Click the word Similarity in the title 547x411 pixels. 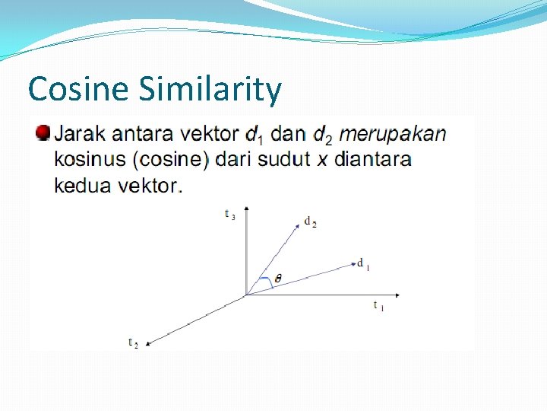(210, 91)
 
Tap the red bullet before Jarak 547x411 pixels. (43, 133)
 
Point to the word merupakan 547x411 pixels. (392, 135)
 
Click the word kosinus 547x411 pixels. (90, 160)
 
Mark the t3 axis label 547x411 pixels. (229, 215)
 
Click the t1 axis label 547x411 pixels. (378, 306)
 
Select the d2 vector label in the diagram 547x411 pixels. (310, 222)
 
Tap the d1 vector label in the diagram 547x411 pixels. (363, 265)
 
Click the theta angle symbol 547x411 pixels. (278, 279)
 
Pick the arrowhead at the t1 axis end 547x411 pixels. (396, 295)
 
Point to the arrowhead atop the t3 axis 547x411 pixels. (246, 208)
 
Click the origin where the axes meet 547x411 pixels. (246, 295)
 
